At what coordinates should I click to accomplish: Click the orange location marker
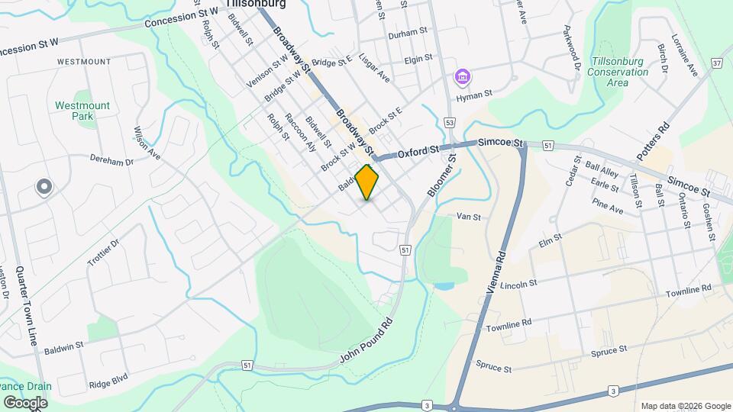(367, 182)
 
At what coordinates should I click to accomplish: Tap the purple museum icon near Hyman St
(462, 77)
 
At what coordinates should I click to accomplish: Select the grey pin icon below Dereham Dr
(44, 186)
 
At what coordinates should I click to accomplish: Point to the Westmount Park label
(82, 111)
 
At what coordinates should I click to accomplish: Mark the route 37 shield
(716, 63)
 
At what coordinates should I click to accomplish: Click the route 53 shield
(450, 122)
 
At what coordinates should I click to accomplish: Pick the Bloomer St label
(441, 176)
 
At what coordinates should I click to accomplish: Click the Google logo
(25, 402)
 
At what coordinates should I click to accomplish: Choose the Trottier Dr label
(103, 253)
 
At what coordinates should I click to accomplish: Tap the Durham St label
(405, 34)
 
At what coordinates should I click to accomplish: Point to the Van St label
(468, 217)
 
